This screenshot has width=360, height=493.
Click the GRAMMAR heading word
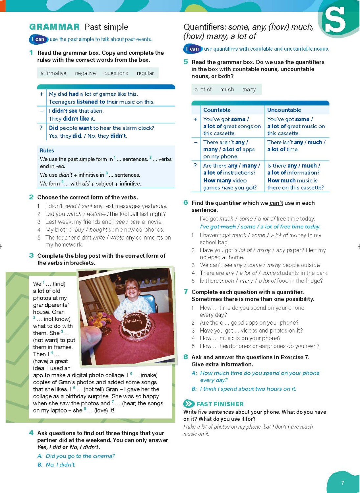coord(54,27)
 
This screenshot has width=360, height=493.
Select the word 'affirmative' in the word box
coord(54,73)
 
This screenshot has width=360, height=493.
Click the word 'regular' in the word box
coord(145,73)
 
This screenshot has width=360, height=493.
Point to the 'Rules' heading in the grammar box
coord(47,151)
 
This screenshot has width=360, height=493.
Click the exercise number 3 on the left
coord(31,255)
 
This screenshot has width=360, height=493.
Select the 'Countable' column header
coord(217,110)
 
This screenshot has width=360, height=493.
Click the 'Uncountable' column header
coord(284,110)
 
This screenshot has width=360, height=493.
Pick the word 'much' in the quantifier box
coord(227,89)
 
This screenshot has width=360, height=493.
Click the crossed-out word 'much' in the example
coord(228,226)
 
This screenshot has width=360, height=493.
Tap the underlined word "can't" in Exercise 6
coord(276,203)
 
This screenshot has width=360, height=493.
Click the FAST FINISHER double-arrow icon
coord(189,404)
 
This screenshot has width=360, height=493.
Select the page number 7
coord(343,483)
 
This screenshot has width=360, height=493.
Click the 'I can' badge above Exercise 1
coord(38,39)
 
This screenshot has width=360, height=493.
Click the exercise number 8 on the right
coord(186,357)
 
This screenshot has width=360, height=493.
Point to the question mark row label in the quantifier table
coord(195,165)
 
